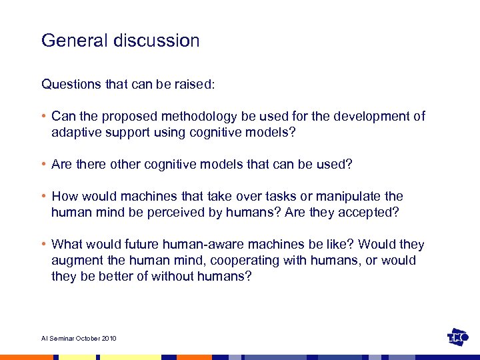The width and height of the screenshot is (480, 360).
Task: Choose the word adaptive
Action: click(x=75, y=132)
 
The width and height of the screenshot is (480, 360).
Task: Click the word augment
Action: click(x=77, y=260)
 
